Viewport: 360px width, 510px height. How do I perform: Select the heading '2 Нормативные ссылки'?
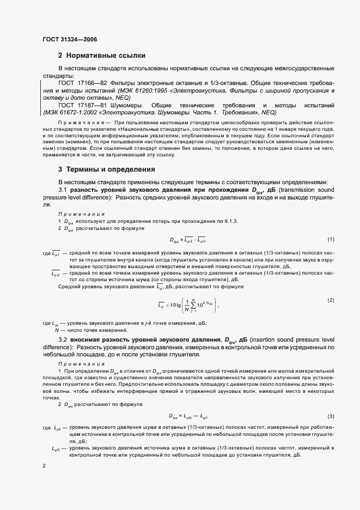click(x=101, y=56)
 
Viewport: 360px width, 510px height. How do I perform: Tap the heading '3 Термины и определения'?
click(x=106, y=169)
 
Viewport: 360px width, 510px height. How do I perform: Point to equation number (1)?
click(x=330, y=240)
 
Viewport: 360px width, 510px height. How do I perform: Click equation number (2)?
click(x=330, y=300)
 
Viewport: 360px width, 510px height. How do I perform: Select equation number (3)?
click(x=330, y=415)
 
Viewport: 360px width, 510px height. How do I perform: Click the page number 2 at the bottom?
click(x=44, y=466)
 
